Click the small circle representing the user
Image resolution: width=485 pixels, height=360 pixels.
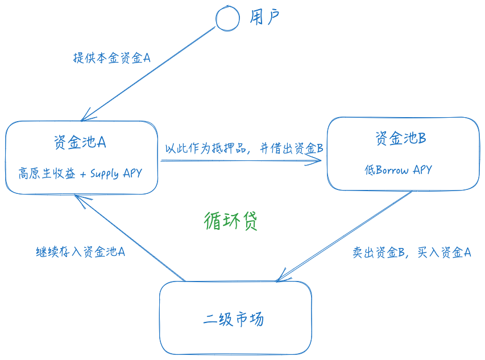[x=227, y=19]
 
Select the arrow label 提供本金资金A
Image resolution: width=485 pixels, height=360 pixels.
[x=111, y=58]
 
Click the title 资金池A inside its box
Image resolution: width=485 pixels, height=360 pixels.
[x=80, y=142]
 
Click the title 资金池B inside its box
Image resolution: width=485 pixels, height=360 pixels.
[x=401, y=138]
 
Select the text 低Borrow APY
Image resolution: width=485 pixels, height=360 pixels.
[x=398, y=170]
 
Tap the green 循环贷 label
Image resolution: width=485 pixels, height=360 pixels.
[x=231, y=221]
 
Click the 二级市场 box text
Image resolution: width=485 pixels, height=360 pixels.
[x=234, y=319]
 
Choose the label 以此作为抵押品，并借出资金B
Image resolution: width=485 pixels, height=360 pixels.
[x=244, y=148]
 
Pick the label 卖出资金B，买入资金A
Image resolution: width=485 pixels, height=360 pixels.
[x=412, y=253]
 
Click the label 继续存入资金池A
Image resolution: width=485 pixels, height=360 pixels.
[x=80, y=251]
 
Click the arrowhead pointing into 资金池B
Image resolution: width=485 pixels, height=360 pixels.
[x=319, y=161]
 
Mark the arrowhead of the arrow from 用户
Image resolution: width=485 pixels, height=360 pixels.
[x=85, y=118]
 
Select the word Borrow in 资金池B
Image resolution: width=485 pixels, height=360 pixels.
[x=392, y=170]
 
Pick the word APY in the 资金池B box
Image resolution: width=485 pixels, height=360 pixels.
[x=422, y=170]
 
